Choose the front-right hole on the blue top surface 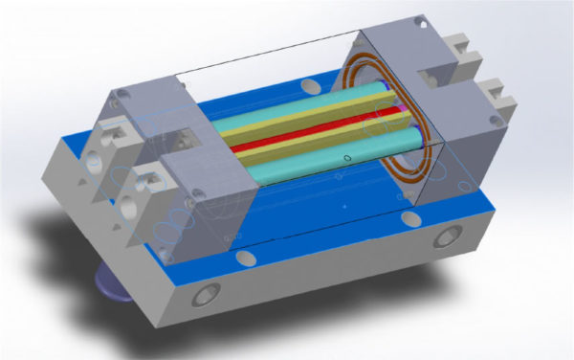(411, 219)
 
